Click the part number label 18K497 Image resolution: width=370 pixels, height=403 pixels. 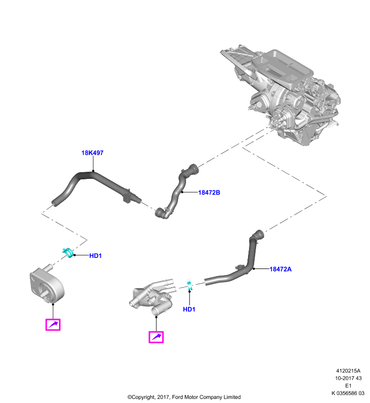(x=92, y=153)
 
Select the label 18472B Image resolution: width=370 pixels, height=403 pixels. (x=209, y=192)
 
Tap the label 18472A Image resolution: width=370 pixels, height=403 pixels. (x=280, y=269)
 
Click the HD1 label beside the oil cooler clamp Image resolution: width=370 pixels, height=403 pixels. (x=95, y=256)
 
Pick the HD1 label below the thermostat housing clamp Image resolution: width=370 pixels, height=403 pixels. (x=189, y=309)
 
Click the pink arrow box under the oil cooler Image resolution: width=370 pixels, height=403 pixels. (x=53, y=324)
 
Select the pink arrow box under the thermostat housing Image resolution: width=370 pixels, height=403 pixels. (x=156, y=337)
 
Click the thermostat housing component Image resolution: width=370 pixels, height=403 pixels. (x=152, y=296)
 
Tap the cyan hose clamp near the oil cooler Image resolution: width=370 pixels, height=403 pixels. (x=69, y=252)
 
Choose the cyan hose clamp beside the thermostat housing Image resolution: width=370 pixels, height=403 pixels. (x=189, y=285)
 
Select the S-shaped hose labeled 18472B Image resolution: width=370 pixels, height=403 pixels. (x=177, y=191)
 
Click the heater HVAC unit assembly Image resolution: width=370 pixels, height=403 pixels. (x=280, y=95)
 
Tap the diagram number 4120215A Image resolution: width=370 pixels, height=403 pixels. (x=348, y=371)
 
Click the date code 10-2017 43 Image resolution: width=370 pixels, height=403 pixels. (x=348, y=378)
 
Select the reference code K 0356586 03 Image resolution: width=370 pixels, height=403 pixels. (x=348, y=393)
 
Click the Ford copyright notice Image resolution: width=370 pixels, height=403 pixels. (x=184, y=397)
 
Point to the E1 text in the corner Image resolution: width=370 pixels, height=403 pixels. (x=348, y=386)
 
